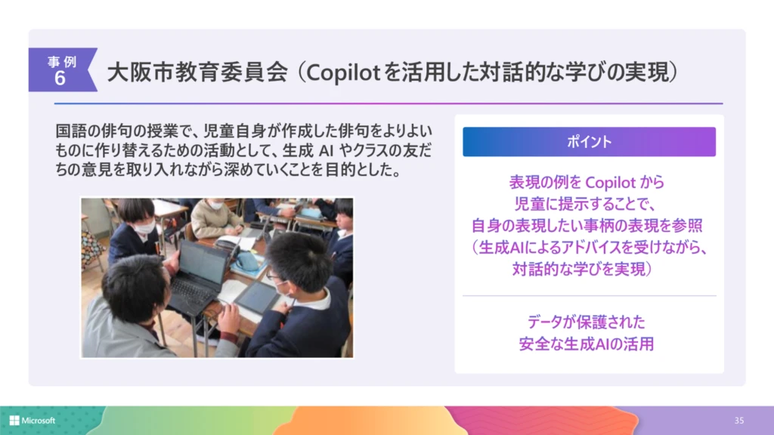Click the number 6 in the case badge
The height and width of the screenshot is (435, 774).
[x=60, y=79]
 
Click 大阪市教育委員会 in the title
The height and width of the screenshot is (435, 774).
[x=197, y=73]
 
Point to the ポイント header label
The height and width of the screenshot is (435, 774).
[x=589, y=142]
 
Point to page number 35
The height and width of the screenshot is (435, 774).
[x=738, y=421]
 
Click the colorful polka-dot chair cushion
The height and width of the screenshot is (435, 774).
[x=91, y=248]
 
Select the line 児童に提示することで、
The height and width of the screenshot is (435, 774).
[x=588, y=204]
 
